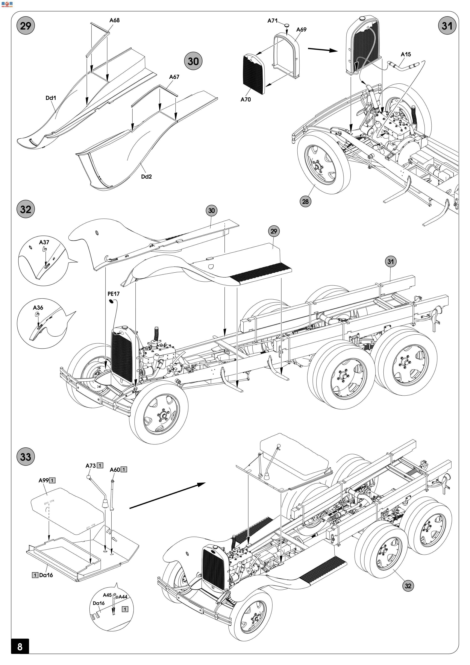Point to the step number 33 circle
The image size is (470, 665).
click(x=25, y=457)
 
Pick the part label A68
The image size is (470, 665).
click(x=114, y=20)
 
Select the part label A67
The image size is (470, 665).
click(x=174, y=77)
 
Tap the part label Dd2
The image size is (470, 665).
click(x=146, y=176)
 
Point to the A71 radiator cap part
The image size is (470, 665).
click(x=286, y=25)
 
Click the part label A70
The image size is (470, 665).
click(x=246, y=99)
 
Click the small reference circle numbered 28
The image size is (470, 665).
click(x=305, y=201)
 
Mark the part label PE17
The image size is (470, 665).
click(x=113, y=294)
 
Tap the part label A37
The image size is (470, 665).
click(x=44, y=242)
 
